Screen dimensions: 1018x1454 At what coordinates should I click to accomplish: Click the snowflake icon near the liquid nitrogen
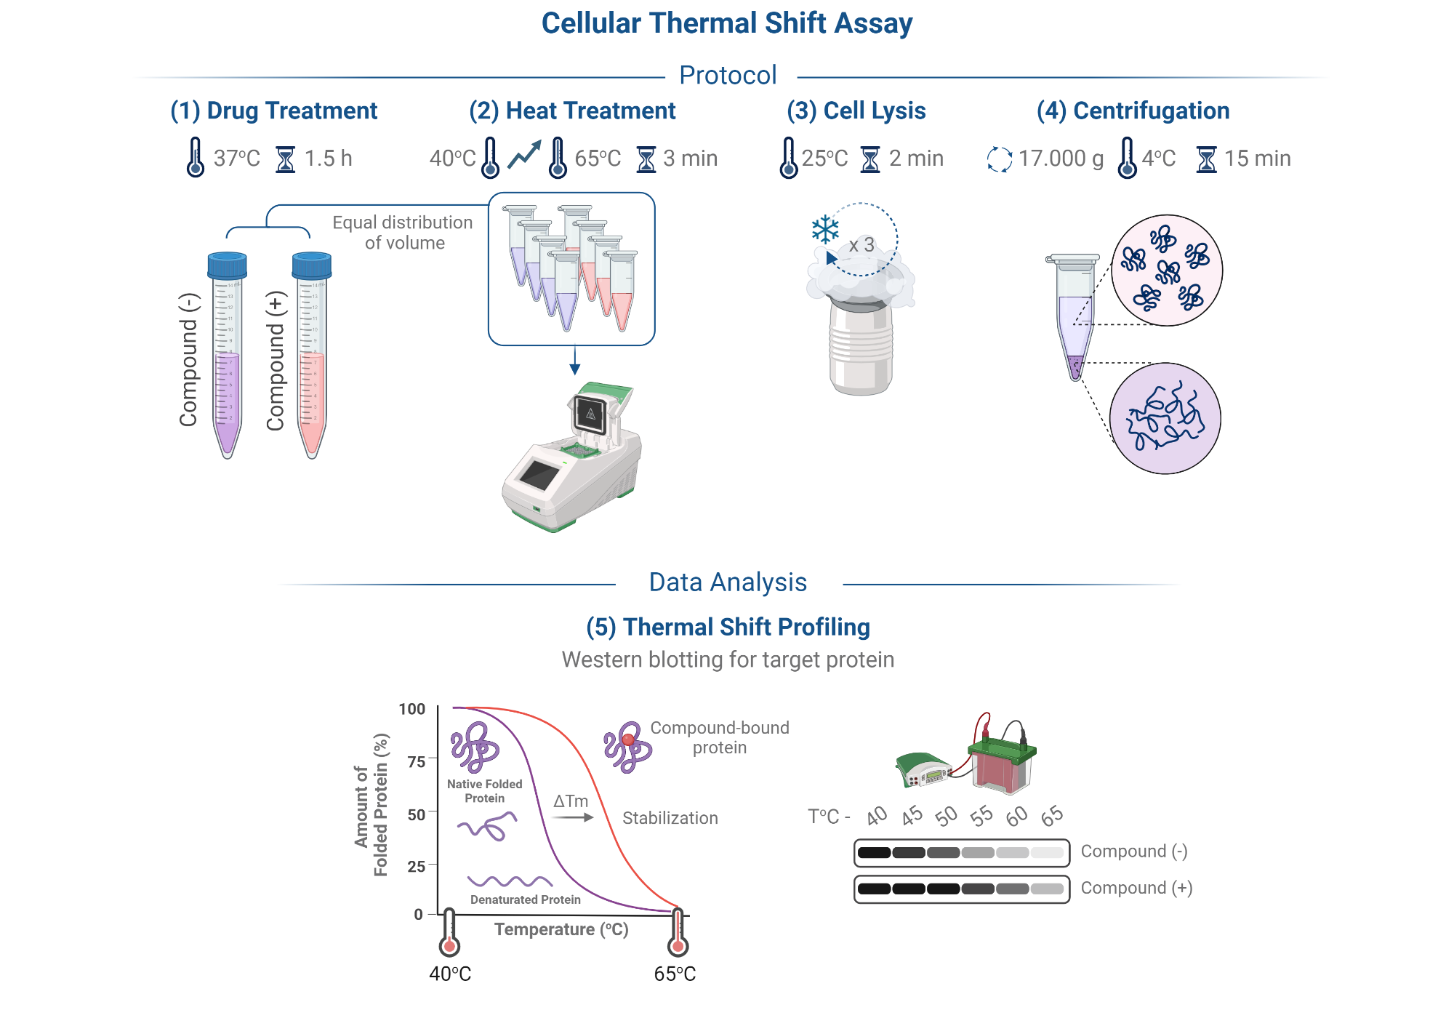click(825, 230)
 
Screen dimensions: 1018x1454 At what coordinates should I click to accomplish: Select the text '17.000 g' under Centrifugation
click(1061, 158)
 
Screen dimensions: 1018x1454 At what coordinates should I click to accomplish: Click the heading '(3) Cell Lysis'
click(856, 111)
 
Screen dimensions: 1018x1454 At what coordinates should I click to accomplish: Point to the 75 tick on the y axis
click(417, 761)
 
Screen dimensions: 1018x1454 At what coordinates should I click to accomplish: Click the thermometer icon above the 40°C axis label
click(449, 934)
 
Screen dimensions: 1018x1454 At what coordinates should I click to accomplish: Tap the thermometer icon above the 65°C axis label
click(678, 934)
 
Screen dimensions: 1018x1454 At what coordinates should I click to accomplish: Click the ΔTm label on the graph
click(571, 801)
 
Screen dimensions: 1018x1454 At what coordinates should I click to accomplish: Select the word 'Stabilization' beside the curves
click(670, 818)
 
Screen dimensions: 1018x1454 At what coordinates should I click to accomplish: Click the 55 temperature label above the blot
click(981, 817)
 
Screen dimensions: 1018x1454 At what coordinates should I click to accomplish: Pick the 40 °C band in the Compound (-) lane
click(874, 852)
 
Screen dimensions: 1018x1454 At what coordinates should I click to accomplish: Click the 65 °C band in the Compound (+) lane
click(1047, 889)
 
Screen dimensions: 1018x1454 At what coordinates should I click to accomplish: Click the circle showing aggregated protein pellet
click(1165, 419)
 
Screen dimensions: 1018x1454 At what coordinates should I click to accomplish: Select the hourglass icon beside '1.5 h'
click(286, 159)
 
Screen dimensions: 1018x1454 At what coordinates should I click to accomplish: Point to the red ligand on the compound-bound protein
click(628, 740)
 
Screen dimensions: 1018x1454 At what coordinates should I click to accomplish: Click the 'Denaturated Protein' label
click(525, 899)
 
